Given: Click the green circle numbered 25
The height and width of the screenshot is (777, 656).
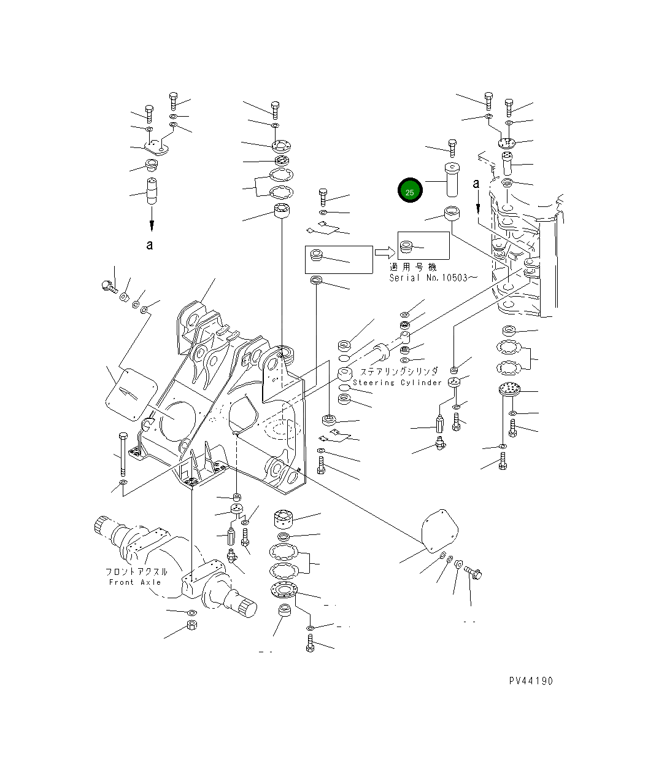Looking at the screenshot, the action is pos(410,190).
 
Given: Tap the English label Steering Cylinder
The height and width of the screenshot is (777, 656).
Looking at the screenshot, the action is pos(397,383).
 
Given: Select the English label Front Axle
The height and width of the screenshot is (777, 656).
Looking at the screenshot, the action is pos(135,582).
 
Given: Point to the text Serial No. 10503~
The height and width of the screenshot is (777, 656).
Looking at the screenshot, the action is pos(433,278).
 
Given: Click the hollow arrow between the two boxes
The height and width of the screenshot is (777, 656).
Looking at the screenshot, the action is pos(385,252).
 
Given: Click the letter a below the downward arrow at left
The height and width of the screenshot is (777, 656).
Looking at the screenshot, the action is pos(150,245).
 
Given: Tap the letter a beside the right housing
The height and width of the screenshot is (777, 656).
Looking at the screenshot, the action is pos(476,184).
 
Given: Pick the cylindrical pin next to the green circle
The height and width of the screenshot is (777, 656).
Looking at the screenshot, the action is pos(452,180).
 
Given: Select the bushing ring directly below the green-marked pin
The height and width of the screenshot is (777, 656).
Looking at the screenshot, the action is pos(452,213).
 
